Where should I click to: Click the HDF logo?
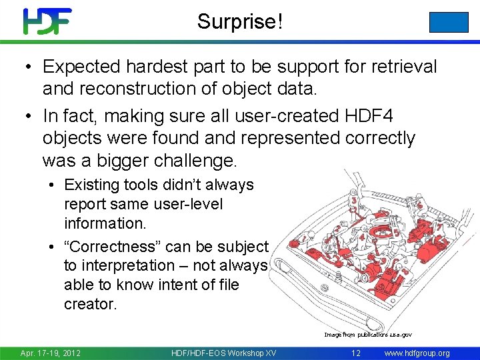coord(47,21)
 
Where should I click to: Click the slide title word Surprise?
coord(240,22)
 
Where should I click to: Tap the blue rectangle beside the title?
coord(449,22)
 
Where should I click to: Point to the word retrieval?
coord(399,67)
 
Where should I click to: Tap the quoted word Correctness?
coord(111,247)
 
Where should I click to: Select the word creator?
coord(90,304)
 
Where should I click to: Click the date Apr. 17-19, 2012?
coord(51,353)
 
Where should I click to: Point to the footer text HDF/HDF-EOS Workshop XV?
coord(223,353)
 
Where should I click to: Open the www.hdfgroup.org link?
coord(418,353)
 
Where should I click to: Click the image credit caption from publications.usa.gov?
coord(369,334)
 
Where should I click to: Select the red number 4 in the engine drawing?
coord(361,237)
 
